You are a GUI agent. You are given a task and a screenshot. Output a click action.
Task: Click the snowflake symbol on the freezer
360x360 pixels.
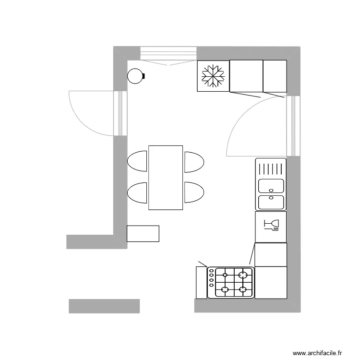click(213, 76)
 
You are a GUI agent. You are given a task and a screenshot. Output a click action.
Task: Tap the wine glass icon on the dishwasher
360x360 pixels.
click(272, 225)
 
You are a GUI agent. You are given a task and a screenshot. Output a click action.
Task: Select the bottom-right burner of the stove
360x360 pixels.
click(244, 290)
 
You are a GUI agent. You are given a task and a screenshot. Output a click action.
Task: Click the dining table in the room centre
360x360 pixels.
click(166, 178)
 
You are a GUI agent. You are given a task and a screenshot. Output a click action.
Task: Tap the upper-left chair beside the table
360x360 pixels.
click(138, 161)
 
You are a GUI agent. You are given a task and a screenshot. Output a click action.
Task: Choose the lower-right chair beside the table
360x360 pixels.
click(194, 192)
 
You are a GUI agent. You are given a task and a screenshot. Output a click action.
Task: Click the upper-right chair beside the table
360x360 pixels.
click(194, 162)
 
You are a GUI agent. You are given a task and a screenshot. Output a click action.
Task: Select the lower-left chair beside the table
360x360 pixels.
click(138, 192)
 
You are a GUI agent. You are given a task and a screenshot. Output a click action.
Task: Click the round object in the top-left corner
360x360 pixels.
click(135, 75)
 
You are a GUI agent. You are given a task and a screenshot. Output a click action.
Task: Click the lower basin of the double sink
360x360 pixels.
click(271, 202)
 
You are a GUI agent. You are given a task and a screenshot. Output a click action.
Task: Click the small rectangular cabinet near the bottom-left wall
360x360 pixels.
click(143, 233)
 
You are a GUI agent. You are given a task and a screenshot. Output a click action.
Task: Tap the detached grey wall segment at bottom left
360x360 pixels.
click(104, 306)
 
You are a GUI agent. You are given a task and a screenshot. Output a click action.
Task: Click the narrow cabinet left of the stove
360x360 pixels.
click(201, 282)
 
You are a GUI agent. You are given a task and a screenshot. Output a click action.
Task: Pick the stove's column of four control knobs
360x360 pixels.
click(211, 282)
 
